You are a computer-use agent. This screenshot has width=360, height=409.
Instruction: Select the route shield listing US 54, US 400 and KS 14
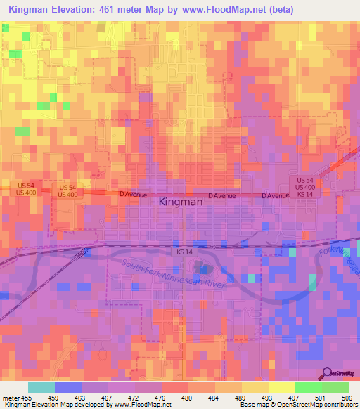(x=305, y=188)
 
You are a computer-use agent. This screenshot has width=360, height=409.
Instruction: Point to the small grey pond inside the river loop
(x=202, y=267)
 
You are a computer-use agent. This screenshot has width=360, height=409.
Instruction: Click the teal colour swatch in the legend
(x=41, y=387)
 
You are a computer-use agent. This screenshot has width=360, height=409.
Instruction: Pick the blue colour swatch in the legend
(x=67, y=387)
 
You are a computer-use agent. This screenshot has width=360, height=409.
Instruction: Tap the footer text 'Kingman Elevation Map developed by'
(x=51, y=405)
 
